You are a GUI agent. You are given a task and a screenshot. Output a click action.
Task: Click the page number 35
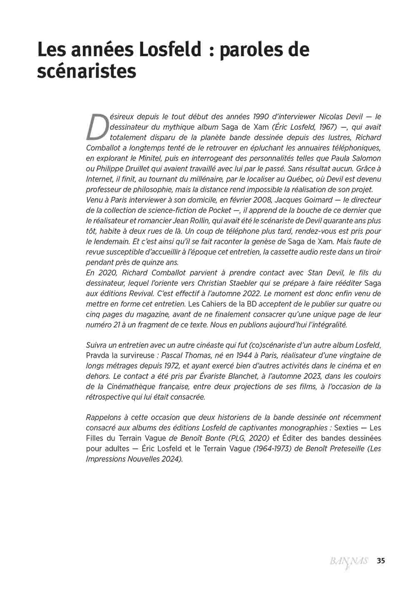(x=381, y=560)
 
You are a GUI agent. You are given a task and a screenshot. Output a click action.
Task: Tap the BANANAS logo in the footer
(x=348, y=561)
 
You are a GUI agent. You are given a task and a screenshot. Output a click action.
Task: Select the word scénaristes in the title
(x=87, y=71)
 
